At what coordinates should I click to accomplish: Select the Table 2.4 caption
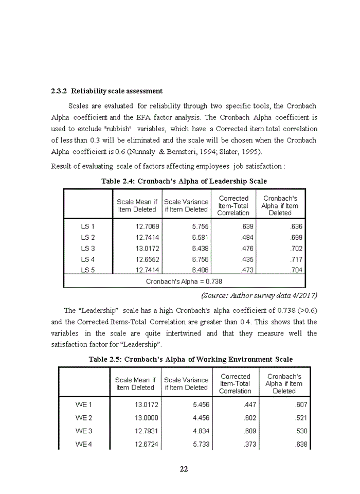pyautogui.click(x=184, y=181)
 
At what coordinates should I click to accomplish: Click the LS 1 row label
pyautogui.click(x=88, y=226)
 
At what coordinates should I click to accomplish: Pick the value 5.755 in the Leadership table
pyautogui.click(x=200, y=226)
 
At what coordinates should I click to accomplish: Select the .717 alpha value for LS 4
pyautogui.click(x=296, y=259)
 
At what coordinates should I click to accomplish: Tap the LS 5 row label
pyautogui.click(x=88, y=270)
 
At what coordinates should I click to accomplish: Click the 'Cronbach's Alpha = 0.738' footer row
pyautogui.click(x=184, y=281)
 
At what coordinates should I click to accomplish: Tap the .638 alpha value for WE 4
pyautogui.click(x=301, y=444)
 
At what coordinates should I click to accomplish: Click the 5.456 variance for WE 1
pyautogui.click(x=200, y=404)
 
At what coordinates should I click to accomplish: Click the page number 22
pyautogui.click(x=184, y=469)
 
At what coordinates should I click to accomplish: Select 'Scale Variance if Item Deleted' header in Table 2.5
pyautogui.click(x=186, y=384)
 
